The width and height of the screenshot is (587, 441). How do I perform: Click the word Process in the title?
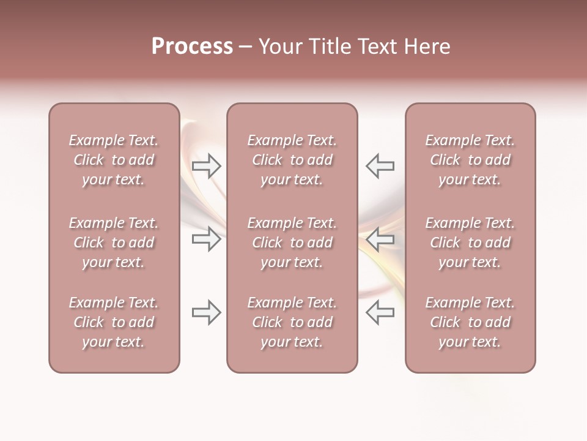(x=192, y=47)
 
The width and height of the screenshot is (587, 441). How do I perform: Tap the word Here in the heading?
(x=427, y=47)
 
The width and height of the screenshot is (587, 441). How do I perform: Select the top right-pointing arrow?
(x=207, y=166)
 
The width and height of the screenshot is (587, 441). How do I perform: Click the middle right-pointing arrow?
(x=207, y=239)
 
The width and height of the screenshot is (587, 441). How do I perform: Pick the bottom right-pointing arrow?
(x=207, y=312)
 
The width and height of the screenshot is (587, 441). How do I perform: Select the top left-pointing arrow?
(x=380, y=166)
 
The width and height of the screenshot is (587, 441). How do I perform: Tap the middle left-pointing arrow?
(x=380, y=239)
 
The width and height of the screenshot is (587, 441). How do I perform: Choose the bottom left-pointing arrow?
(x=380, y=312)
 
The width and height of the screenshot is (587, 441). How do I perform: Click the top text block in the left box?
(x=114, y=160)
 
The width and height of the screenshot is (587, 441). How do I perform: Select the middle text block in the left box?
(x=114, y=243)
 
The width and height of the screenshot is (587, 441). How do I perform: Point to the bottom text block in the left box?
(x=114, y=322)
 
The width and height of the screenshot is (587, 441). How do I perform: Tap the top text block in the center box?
(x=292, y=160)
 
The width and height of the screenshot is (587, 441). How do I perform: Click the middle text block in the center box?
(x=292, y=243)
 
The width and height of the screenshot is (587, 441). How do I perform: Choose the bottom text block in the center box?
(x=292, y=322)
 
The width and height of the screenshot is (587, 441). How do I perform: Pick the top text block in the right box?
(x=470, y=160)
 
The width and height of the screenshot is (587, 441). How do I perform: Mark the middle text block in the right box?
(x=470, y=243)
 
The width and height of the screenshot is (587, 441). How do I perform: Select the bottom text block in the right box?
(x=470, y=322)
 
